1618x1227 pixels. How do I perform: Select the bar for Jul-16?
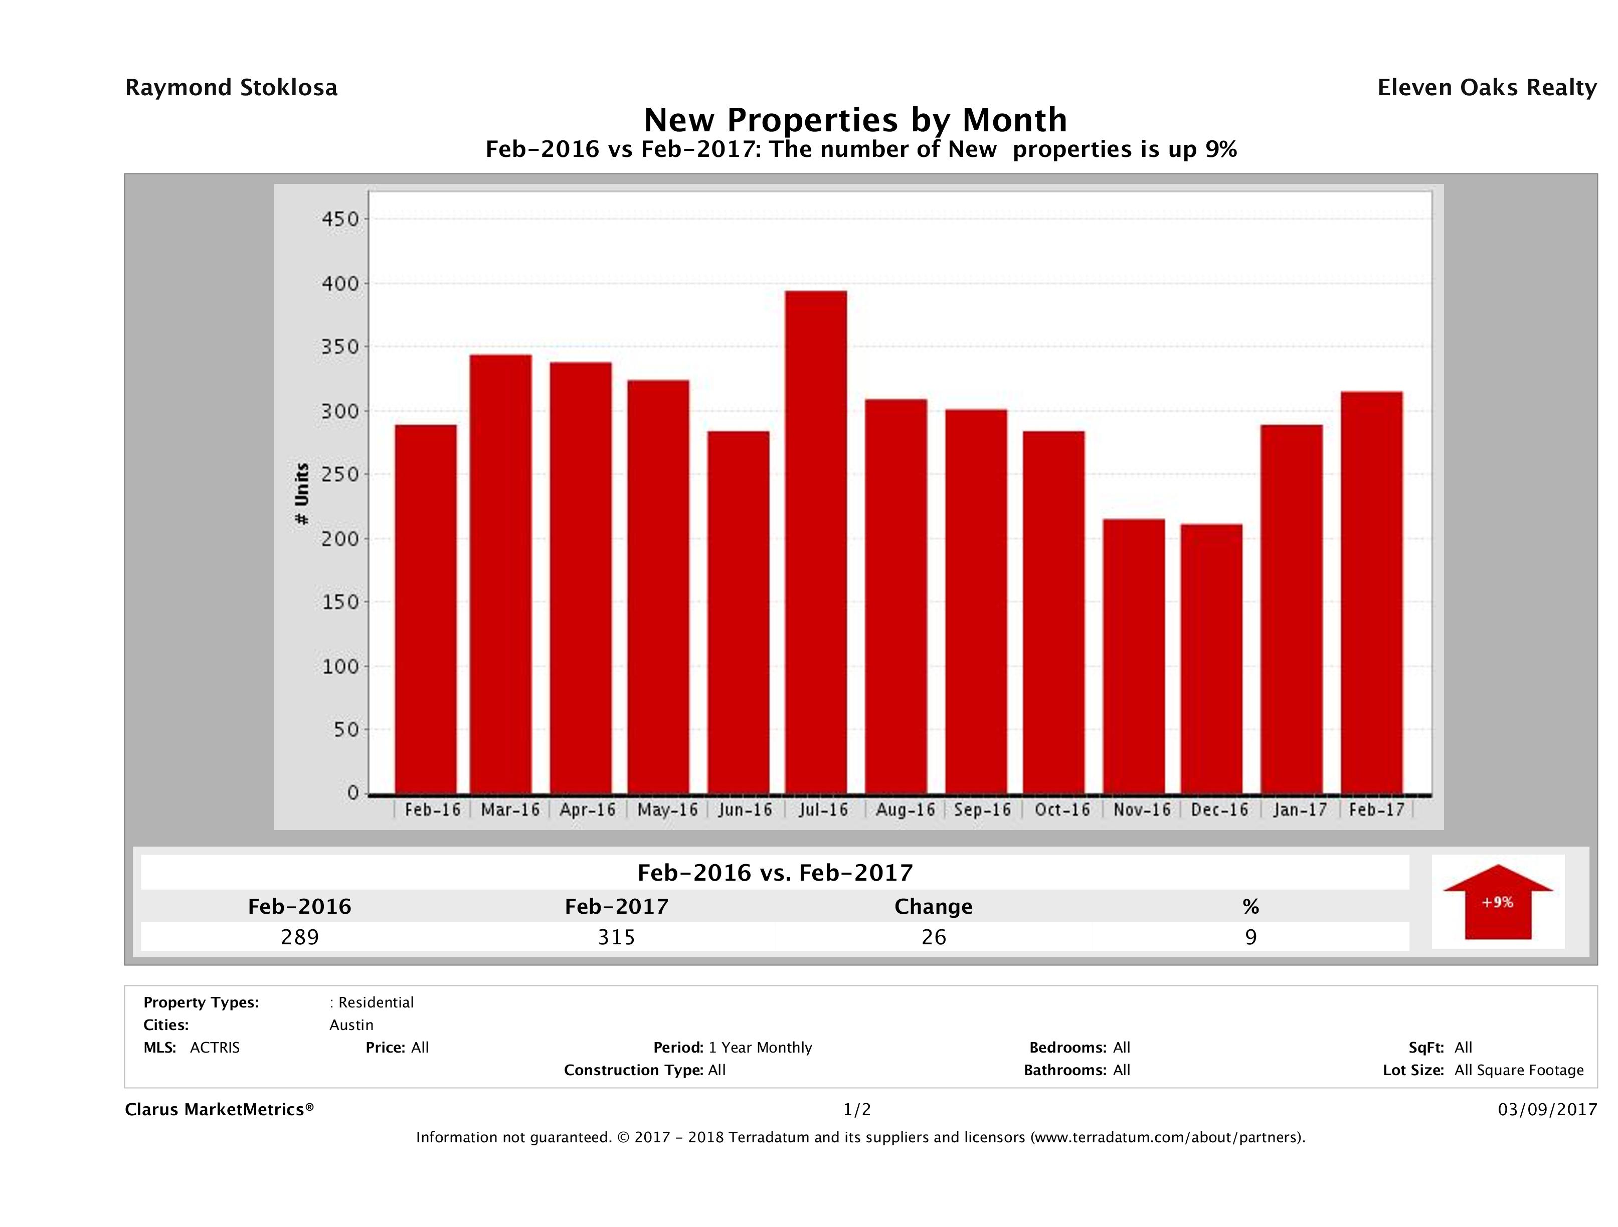816,542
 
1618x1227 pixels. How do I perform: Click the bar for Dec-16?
1211,658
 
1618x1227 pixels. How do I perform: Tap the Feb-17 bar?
1372,592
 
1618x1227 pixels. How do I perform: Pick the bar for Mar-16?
501,574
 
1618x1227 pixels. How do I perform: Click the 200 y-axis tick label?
341,538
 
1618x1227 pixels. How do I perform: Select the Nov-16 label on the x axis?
1142,809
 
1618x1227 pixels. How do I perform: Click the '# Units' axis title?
301,494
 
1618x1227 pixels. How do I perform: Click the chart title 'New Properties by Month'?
855,120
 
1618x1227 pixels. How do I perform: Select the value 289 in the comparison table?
300,937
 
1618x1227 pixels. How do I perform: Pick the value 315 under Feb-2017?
617,937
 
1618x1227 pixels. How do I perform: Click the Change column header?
934,907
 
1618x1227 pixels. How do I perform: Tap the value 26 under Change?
934,937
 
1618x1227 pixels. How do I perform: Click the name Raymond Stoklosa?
231,88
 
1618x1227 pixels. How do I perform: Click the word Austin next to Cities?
351,1025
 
